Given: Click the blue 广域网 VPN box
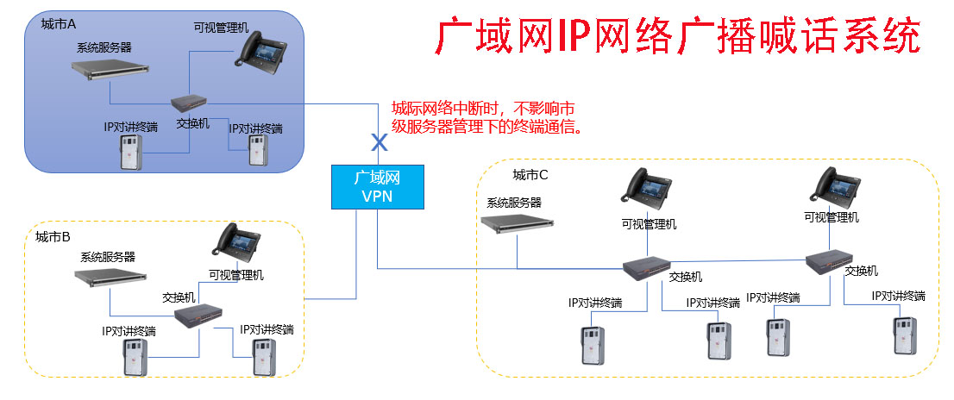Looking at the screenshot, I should (x=377, y=187).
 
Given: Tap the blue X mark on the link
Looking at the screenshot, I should (x=377, y=140).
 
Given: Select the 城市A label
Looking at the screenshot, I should (x=60, y=23).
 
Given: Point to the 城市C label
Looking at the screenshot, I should (x=530, y=175).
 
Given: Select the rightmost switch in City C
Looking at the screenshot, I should (x=833, y=259).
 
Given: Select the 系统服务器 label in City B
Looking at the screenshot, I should (x=108, y=257).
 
